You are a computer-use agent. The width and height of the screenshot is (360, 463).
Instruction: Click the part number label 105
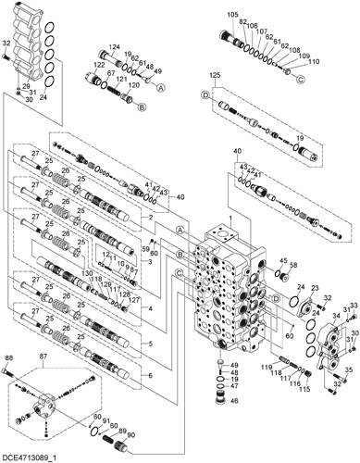pyautogui.click(x=231, y=16)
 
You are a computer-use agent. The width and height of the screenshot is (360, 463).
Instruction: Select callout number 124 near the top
pyautogui.click(x=116, y=47)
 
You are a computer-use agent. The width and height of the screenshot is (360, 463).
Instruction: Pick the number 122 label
pyautogui.click(x=97, y=66)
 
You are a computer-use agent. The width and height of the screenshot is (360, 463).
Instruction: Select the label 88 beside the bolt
pyautogui.click(x=8, y=358)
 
